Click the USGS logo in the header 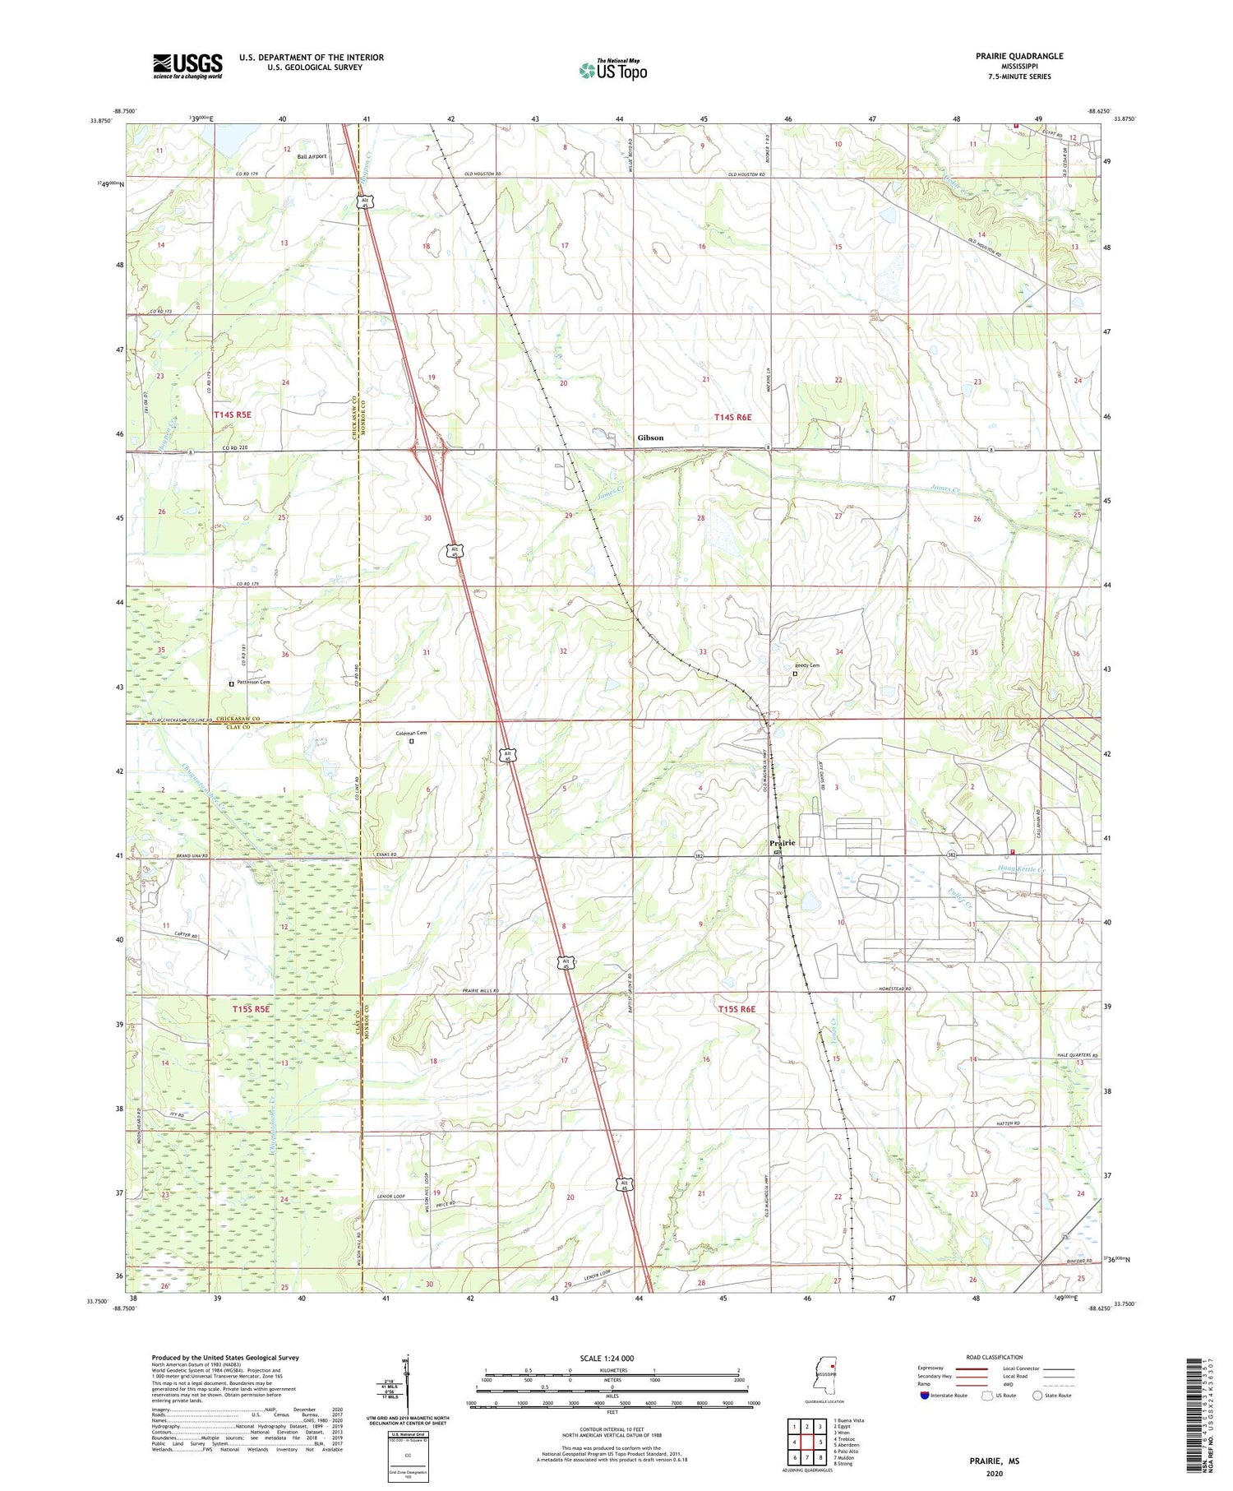(187, 66)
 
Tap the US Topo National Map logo (612, 70)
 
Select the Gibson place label (650, 438)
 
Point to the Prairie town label (782, 843)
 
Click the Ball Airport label (312, 156)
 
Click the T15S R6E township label (736, 1009)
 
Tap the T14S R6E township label (732, 418)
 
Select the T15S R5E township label (251, 1008)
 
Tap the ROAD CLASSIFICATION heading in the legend (995, 1358)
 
